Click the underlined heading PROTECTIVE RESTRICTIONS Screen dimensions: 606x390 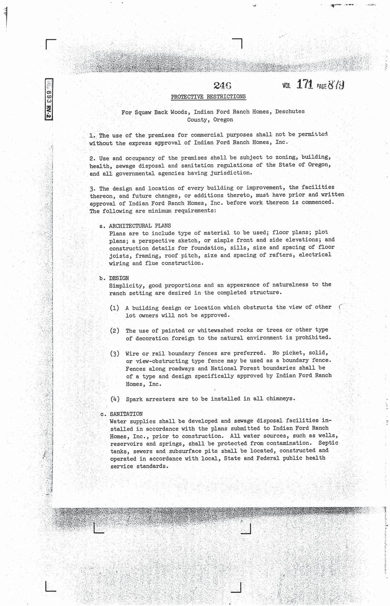tap(208, 97)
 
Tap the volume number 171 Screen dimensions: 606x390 tap(304, 85)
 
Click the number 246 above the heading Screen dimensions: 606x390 tap(222, 86)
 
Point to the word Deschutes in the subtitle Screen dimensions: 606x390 tap(290, 111)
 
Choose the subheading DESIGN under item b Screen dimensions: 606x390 tap(119, 278)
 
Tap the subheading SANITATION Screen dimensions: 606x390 tap(126, 414)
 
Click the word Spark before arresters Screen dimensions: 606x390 tap(135, 399)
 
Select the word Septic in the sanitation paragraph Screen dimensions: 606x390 tap(328, 443)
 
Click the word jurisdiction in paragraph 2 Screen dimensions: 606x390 tap(234, 173)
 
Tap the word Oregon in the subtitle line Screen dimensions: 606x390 tap(223, 119)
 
